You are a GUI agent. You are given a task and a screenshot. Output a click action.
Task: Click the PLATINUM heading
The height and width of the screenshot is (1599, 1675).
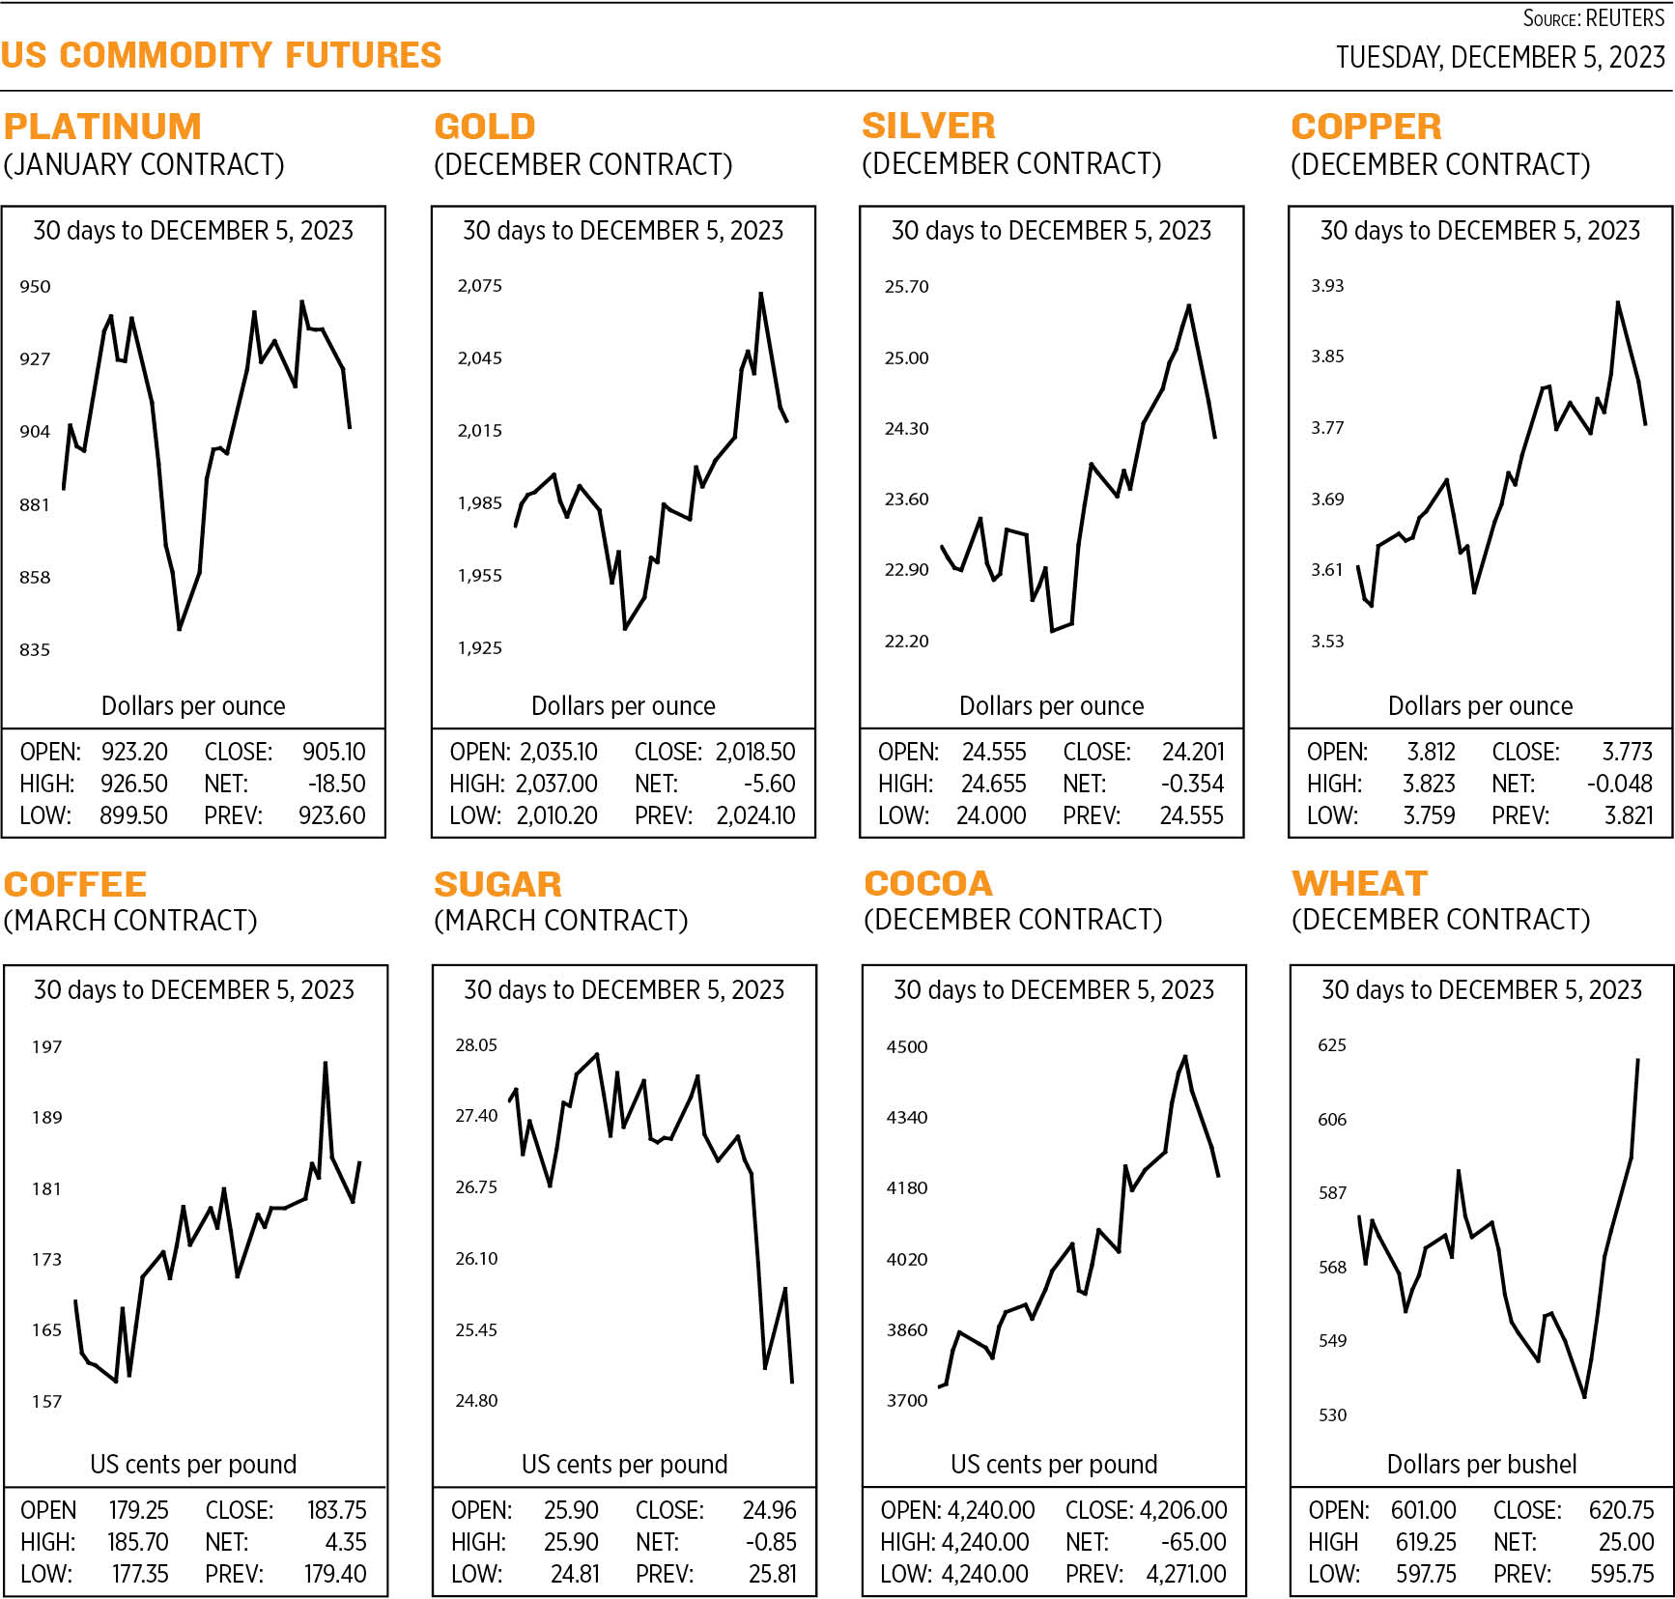[x=102, y=127]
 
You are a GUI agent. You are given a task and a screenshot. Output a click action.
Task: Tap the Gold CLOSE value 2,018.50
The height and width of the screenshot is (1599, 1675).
[x=755, y=752]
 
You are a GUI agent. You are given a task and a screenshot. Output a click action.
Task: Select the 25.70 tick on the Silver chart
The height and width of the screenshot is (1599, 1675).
[x=906, y=287]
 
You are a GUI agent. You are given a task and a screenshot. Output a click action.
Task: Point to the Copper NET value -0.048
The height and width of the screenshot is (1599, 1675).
[x=1619, y=784]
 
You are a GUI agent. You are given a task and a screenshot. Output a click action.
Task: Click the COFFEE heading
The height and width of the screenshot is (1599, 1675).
[x=75, y=884]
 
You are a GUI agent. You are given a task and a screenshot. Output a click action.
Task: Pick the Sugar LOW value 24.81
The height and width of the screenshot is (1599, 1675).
[x=575, y=1574]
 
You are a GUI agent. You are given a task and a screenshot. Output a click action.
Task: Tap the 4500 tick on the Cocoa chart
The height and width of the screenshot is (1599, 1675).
[x=906, y=1047]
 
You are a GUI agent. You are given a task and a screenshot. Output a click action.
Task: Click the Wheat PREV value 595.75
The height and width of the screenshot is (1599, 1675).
[x=1622, y=1574]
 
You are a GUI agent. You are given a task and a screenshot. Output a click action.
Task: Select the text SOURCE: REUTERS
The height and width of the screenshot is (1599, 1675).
[x=1593, y=18]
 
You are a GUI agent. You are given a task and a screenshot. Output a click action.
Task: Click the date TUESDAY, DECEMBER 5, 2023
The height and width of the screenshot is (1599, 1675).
[x=1500, y=58]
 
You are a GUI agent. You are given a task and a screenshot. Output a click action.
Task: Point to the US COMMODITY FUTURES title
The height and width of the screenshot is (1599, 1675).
[x=221, y=55]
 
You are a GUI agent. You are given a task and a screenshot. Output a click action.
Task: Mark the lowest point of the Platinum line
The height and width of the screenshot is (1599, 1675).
[x=180, y=630]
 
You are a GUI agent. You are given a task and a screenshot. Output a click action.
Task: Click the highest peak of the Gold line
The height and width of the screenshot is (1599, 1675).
[x=761, y=293]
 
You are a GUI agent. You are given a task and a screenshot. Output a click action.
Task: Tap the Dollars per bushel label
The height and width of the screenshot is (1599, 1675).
[x=1481, y=1465]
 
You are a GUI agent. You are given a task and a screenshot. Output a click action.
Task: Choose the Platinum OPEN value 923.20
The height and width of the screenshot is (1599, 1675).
[x=134, y=752]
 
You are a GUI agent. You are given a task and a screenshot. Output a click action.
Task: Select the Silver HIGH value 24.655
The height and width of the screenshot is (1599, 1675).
[x=993, y=784]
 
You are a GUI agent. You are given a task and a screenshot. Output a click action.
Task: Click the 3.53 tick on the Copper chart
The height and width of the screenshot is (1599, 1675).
[x=1326, y=642]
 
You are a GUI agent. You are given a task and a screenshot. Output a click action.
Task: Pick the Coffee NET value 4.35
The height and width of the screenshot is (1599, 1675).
[x=346, y=1542]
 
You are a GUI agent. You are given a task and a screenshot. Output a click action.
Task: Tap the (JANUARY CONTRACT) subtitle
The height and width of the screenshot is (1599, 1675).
[x=144, y=165]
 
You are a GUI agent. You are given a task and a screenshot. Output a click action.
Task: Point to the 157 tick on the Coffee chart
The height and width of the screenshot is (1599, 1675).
[x=46, y=1402]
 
